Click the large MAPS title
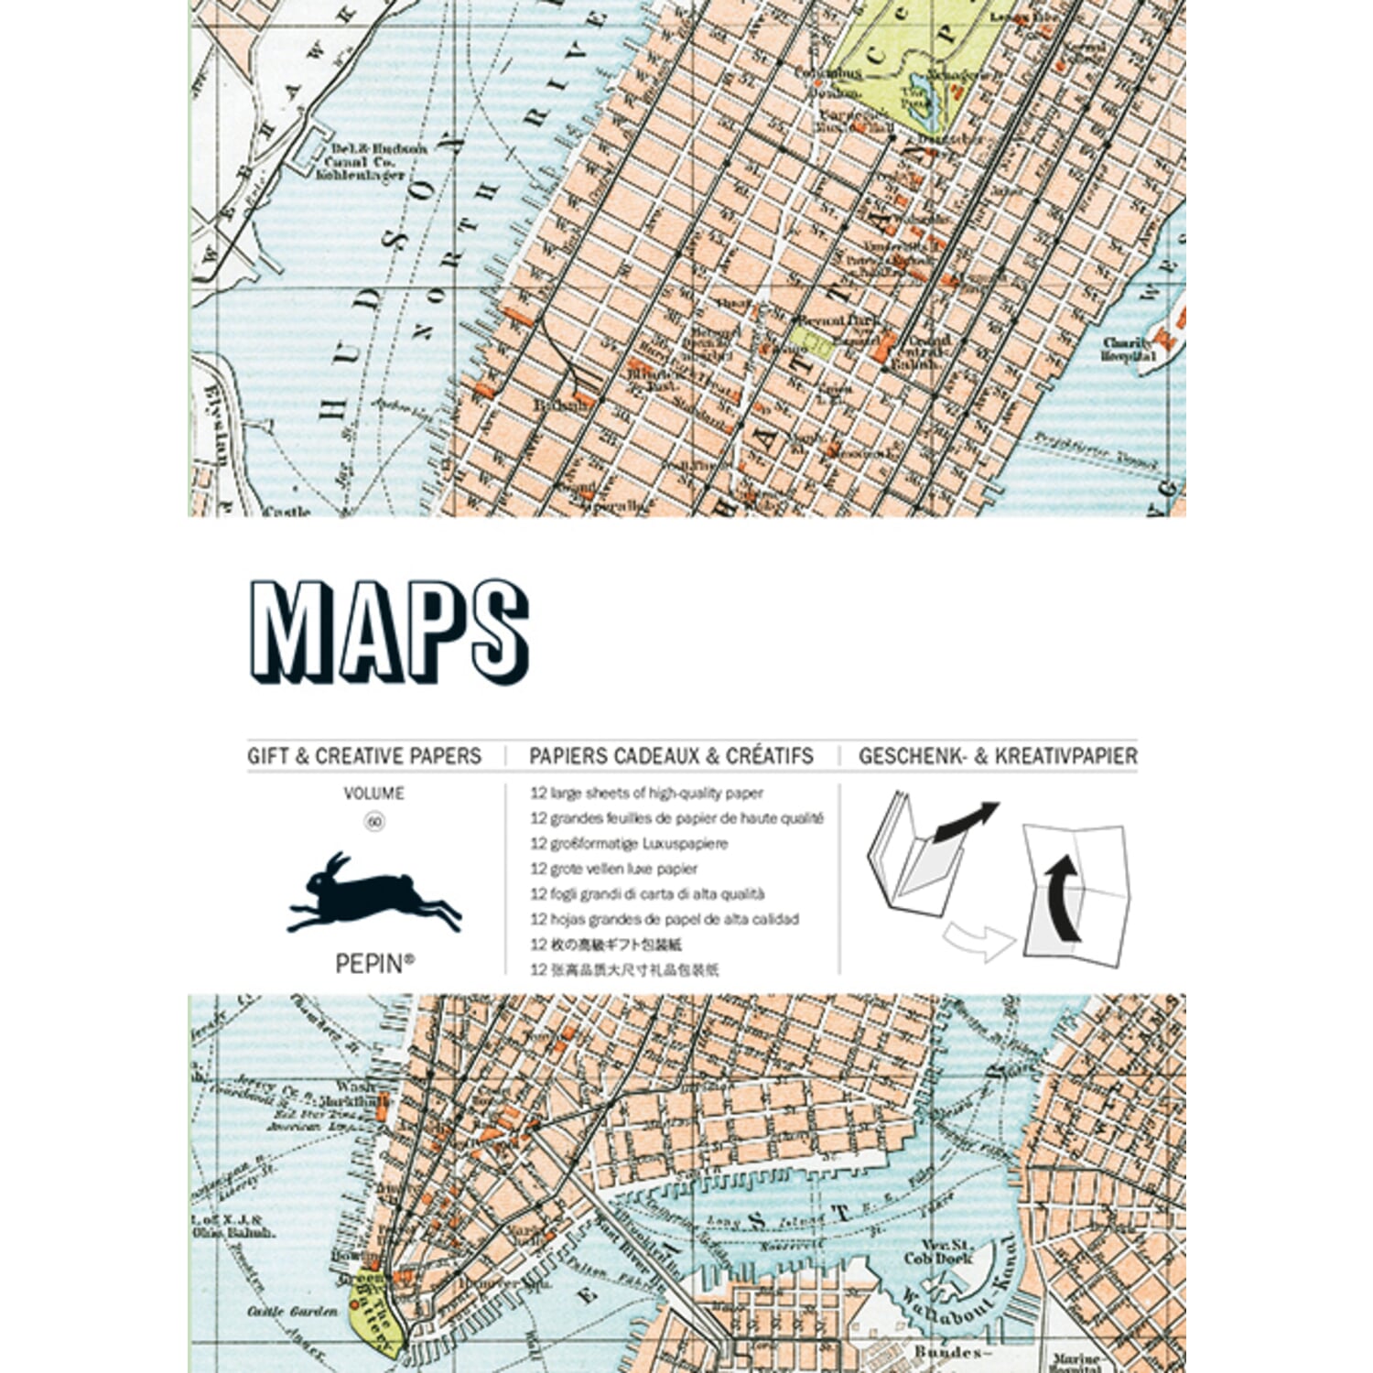389,632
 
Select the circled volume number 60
374,822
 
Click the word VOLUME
373,794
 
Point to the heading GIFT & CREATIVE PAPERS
364,756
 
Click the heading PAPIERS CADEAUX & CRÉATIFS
671,756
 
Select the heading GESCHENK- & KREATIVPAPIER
998,756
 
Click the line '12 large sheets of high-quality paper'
646,794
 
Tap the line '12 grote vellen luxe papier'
613,869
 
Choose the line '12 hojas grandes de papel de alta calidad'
665,919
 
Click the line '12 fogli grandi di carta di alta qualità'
647,894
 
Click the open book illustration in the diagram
915,856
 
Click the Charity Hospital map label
1129,350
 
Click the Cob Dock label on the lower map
938,1251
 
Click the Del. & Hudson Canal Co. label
366,161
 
